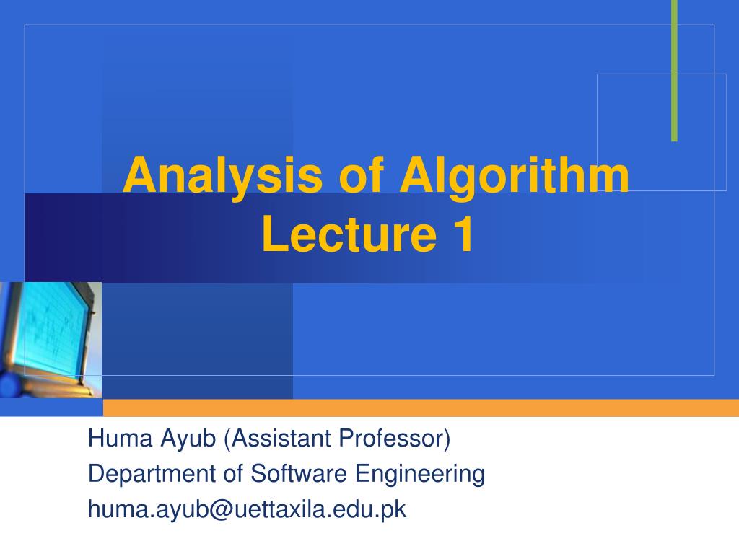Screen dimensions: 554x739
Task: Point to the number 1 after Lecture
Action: click(463, 235)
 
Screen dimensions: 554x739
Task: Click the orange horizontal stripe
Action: click(419, 408)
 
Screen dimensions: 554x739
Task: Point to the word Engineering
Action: click(420, 475)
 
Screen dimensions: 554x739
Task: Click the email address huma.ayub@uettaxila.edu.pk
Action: click(247, 510)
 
